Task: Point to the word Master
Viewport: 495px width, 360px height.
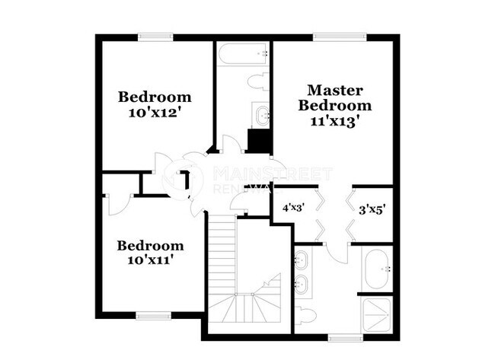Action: click(335, 91)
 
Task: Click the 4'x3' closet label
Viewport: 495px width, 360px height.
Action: click(294, 206)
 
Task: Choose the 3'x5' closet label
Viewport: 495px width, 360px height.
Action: click(373, 206)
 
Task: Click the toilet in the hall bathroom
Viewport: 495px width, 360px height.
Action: click(257, 81)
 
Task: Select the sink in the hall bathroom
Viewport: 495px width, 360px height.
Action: click(263, 116)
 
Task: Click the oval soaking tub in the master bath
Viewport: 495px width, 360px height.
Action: click(378, 269)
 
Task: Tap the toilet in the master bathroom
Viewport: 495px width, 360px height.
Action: click(306, 314)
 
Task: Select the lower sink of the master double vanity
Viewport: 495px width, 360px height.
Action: click(302, 287)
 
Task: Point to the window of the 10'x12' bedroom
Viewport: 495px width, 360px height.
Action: click(155, 36)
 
